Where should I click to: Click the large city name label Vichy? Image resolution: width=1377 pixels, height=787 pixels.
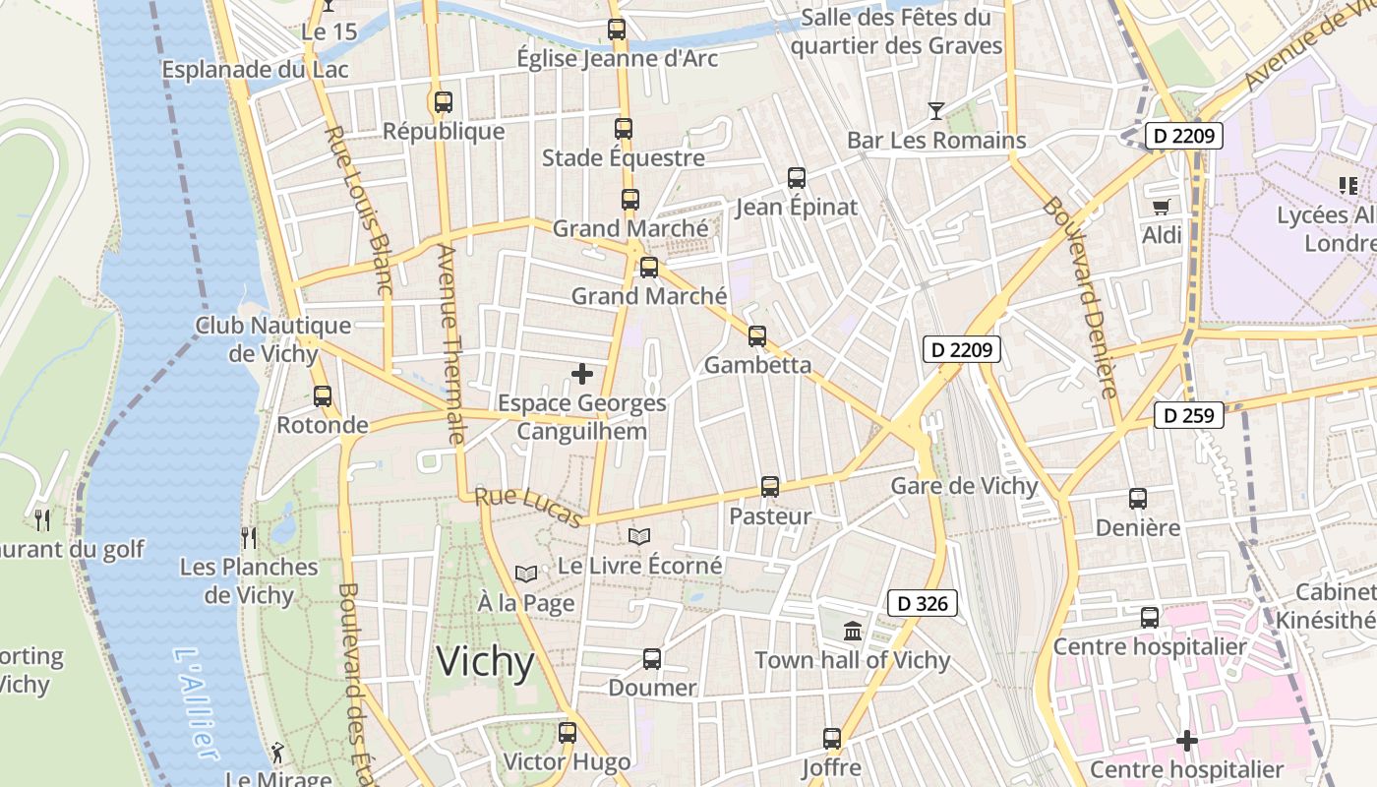pos(486,662)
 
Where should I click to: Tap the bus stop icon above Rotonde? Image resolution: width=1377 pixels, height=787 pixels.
pos(323,396)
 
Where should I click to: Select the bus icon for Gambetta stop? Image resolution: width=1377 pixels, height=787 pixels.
pos(757,336)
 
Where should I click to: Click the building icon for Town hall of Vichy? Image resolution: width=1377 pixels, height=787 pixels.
pos(853,631)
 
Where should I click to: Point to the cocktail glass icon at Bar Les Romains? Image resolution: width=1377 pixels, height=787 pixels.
pos(936,110)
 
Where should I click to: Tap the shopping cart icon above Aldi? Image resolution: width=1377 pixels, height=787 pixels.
pos(1162,207)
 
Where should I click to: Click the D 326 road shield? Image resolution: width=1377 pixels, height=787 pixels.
pos(922,603)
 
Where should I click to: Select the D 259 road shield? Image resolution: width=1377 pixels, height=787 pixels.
pos(1188,415)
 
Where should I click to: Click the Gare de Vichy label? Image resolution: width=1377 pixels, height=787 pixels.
pos(964,486)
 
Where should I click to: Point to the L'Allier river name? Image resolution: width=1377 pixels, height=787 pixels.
pos(196,702)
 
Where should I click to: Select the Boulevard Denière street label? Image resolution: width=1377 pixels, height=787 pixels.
pos(1081,296)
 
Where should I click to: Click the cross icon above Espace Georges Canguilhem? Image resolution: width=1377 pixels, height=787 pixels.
pos(582,374)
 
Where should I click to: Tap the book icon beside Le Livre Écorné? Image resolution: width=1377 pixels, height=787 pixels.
pos(639,537)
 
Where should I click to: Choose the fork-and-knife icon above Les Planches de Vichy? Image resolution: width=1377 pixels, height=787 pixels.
pos(249,537)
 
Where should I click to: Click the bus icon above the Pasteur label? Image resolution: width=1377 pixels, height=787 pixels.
pos(770,487)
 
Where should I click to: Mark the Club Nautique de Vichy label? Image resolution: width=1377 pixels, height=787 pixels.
pos(272,339)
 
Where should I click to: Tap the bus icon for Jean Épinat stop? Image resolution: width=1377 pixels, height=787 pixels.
pos(797,178)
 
